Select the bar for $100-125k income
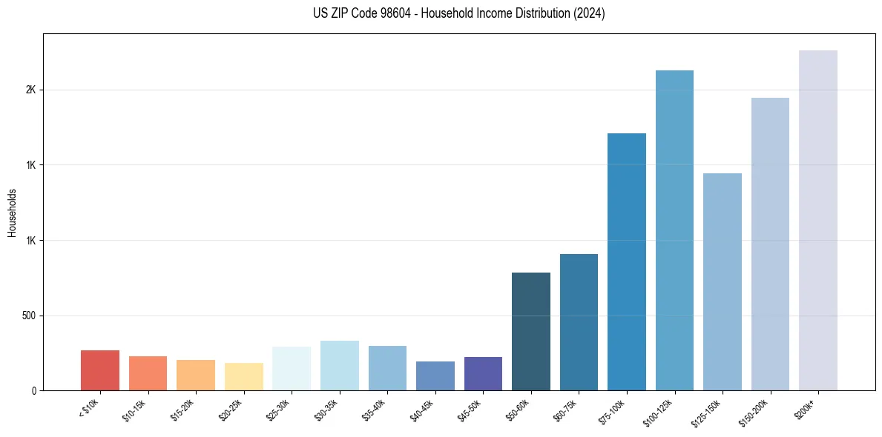click(x=674, y=230)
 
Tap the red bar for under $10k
click(x=100, y=370)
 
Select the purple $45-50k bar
click(x=483, y=373)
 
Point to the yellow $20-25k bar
click(x=244, y=376)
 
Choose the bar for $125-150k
click(x=723, y=281)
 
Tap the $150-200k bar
click(x=770, y=244)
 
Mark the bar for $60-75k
click(x=579, y=322)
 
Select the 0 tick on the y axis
click(x=34, y=390)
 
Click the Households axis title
click(x=12, y=213)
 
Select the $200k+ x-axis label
click(x=806, y=407)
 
